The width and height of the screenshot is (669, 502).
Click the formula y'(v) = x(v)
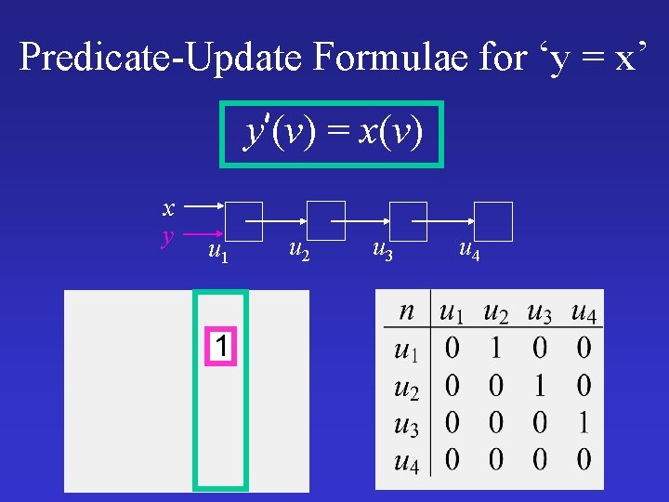coord(333,134)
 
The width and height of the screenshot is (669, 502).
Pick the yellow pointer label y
coord(167,235)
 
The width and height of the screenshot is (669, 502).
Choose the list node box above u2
coord(326,220)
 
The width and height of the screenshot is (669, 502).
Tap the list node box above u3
coord(408,220)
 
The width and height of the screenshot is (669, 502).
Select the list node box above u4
coord(493,221)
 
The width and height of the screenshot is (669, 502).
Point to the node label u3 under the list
coord(382,248)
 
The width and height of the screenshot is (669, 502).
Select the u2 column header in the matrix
coord(496,313)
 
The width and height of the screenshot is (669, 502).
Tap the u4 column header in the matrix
coord(584,313)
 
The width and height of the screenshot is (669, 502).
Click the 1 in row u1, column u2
coord(496,350)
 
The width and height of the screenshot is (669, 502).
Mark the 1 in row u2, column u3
coord(540,386)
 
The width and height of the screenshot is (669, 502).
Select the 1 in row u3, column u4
coord(583,423)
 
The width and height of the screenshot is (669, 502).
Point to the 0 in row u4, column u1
coord(453,459)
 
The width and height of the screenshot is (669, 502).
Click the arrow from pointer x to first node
coord(203,205)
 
